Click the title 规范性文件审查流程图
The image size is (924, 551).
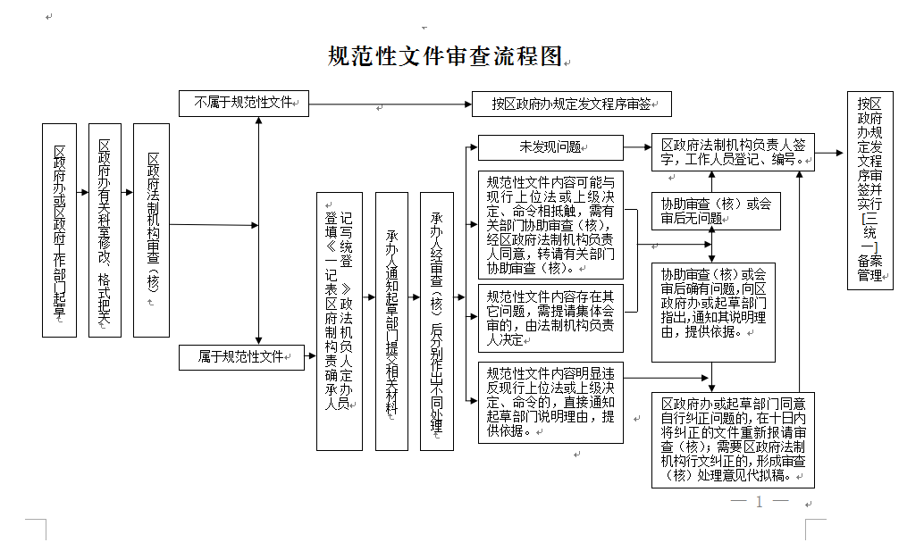(x=445, y=56)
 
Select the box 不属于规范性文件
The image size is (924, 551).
(x=243, y=103)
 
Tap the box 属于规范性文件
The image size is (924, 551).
(x=241, y=356)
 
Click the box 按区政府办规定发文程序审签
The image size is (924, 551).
(x=571, y=104)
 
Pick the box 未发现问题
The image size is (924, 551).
(x=550, y=147)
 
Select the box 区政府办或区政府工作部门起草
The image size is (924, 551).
(x=60, y=230)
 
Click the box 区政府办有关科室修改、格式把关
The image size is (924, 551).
(x=105, y=230)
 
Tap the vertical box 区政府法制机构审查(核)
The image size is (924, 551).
(x=151, y=230)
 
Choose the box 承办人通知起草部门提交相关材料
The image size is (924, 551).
(x=391, y=321)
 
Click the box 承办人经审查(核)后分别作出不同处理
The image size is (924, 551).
(x=436, y=321)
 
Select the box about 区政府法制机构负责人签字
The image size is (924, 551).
(x=732, y=153)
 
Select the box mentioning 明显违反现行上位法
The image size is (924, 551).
(x=550, y=402)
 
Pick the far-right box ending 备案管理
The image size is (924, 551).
(x=869, y=190)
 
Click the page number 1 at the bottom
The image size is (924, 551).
(x=759, y=502)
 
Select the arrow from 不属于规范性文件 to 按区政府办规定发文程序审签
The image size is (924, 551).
(x=390, y=104)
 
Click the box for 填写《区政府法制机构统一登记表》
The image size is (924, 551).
(x=340, y=321)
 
